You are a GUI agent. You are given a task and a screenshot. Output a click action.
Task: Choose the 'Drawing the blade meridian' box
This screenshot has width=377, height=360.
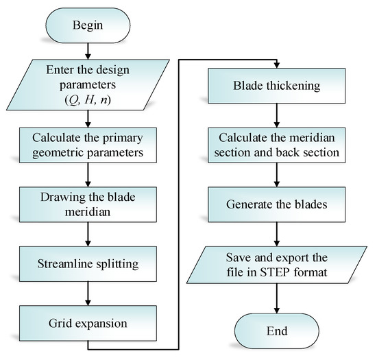tap(88, 202)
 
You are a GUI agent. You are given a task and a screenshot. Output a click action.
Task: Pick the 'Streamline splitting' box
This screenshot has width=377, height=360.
tap(88, 261)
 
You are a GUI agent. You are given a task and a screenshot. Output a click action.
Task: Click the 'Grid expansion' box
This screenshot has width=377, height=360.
tap(88, 319)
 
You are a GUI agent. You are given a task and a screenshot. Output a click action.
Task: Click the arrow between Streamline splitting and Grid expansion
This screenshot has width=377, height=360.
tap(88, 290)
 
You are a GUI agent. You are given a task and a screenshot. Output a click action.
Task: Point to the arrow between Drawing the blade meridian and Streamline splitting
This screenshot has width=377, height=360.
tap(88, 232)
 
